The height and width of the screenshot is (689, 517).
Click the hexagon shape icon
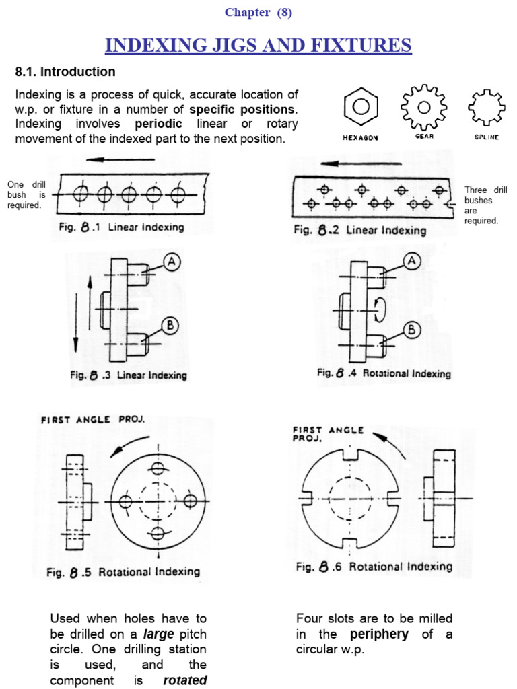click(360, 107)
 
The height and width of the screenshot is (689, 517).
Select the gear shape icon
click(423, 106)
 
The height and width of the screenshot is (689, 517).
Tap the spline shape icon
click(486, 106)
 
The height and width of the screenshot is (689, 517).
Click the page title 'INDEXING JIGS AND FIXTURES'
click(258, 45)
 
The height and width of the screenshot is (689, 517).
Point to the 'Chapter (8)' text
click(258, 12)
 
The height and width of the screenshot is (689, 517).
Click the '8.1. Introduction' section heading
click(65, 71)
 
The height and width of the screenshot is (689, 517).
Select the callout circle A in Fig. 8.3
click(172, 263)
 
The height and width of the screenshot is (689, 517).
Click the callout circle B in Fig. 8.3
click(171, 326)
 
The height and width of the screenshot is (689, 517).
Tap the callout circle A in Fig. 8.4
click(411, 261)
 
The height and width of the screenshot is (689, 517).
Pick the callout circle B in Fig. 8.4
click(411, 330)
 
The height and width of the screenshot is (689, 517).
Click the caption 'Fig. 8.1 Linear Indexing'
click(120, 227)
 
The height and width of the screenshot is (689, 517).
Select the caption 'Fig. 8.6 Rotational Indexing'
click(374, 567)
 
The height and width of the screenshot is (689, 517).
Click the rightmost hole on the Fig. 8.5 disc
click(191, 501)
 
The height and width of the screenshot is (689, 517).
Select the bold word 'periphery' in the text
click(378, 634)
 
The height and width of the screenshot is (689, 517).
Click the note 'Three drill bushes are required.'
click(481, 205)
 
